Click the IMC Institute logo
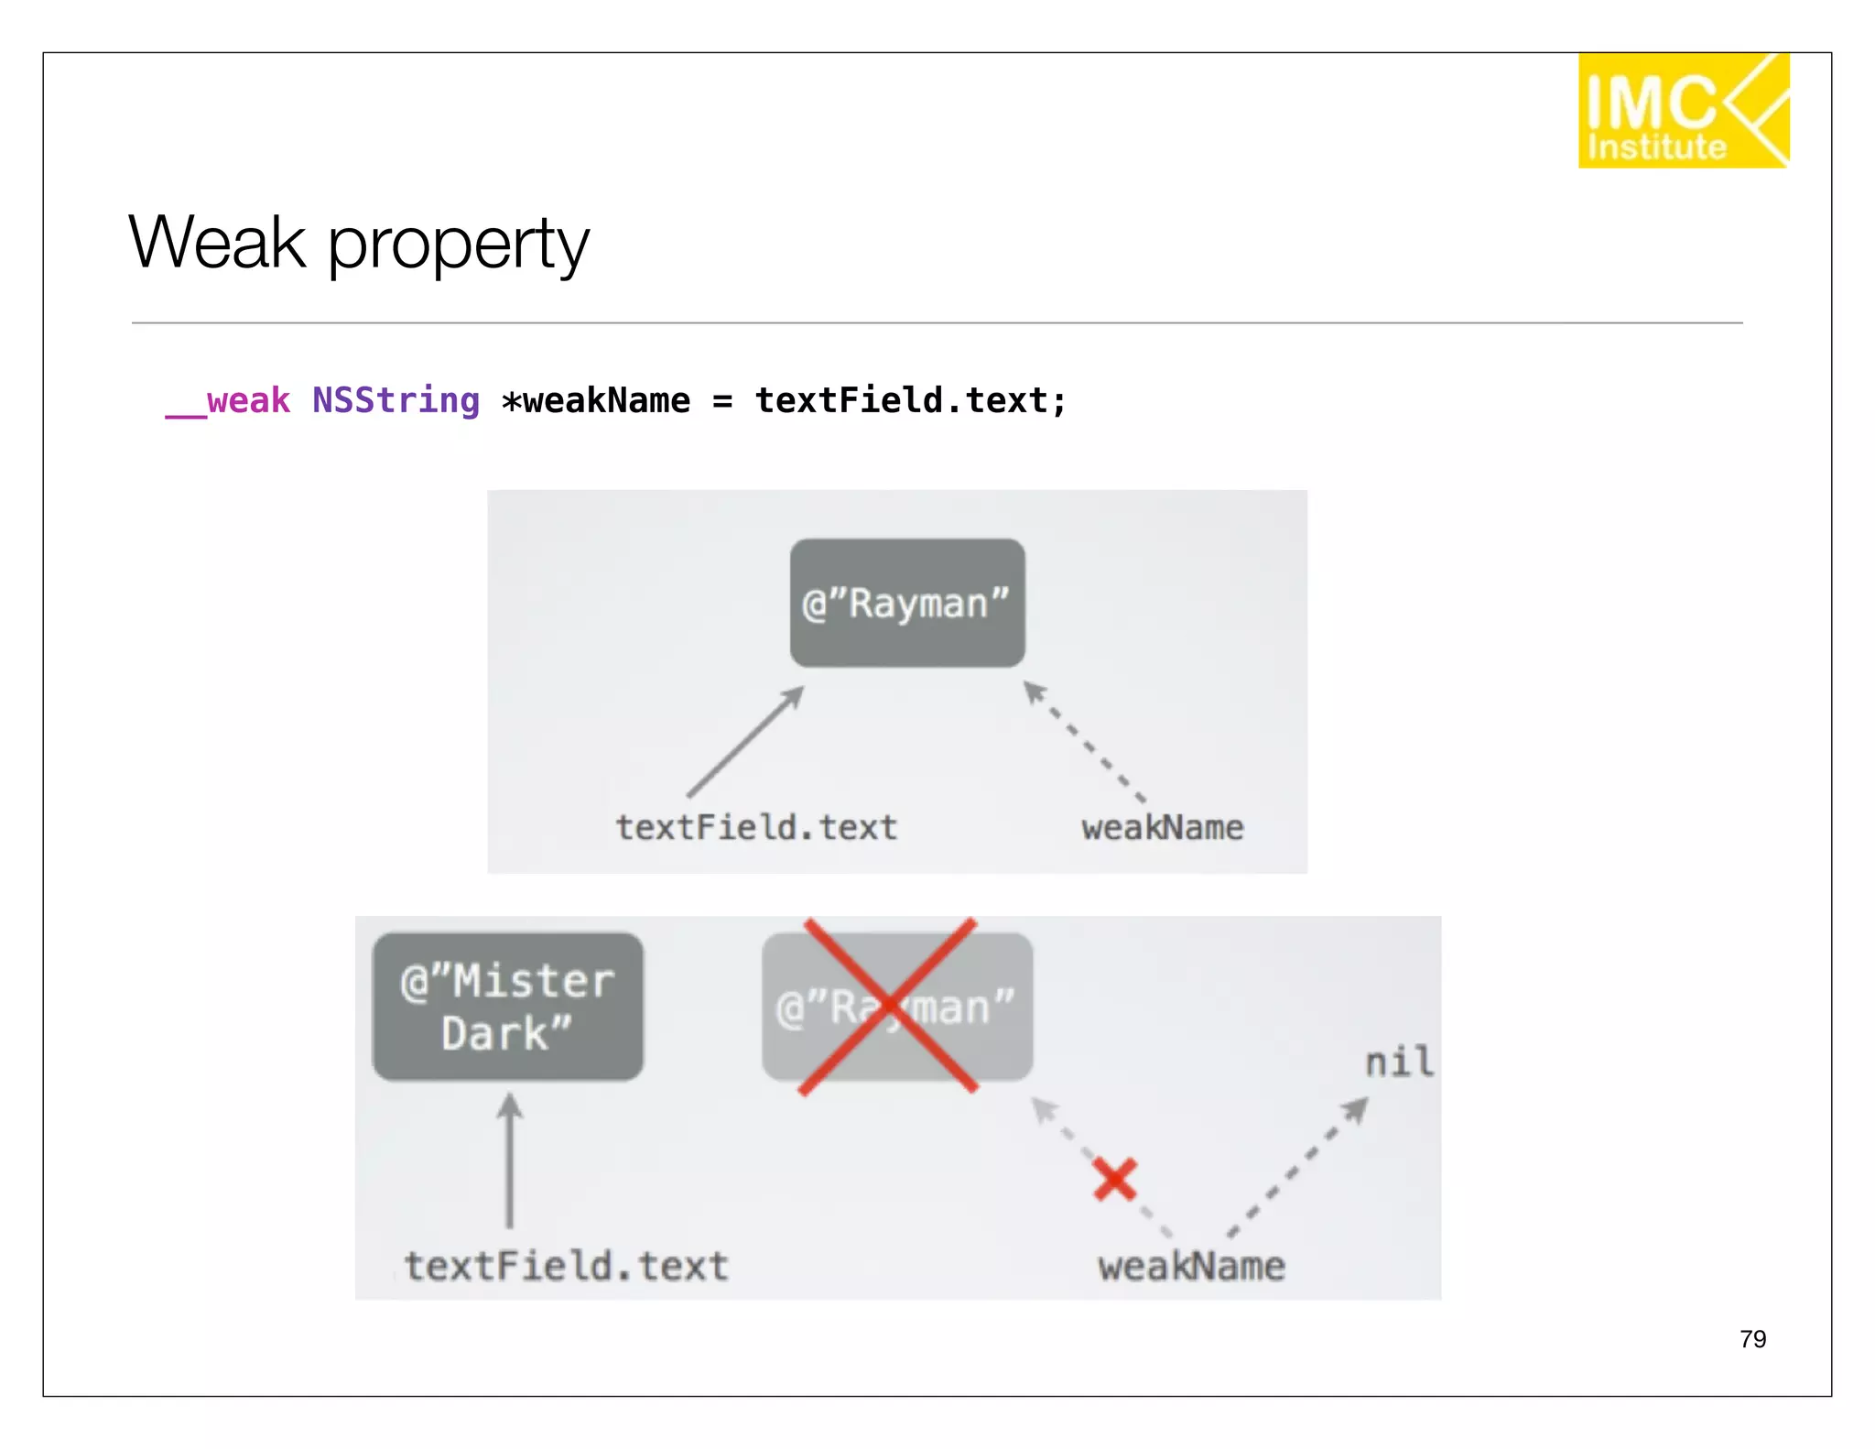coord(1683,111)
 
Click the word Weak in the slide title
coord(217,243)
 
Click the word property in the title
coord(458,245)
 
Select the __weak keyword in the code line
coord(228,401)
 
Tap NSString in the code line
coord(396,401)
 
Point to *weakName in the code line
coord(596,401)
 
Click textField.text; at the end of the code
coord(910,401)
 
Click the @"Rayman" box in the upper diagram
coord(906,603)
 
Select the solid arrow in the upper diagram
coord(746,742)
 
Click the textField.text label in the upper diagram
coord(756,827)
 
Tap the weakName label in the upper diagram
coord(1162,827)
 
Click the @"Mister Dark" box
coord(508,1007)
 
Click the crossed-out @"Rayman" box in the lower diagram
coord(896,1007)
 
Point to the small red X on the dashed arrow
coord(1114,1179)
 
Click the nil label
coord(1398,1062)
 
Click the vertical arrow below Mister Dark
coord(510,1161)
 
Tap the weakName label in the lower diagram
coord(1191,1267)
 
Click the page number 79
coord(1752,1339)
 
